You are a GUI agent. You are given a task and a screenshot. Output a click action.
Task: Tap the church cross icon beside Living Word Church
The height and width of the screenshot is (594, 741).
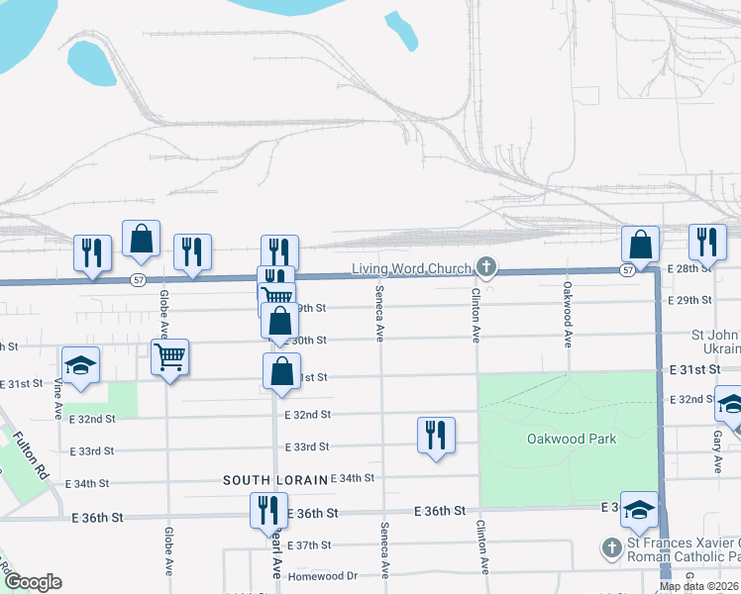click(485, 266)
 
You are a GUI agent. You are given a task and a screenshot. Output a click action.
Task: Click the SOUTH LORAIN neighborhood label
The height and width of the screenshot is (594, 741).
click(274, 480)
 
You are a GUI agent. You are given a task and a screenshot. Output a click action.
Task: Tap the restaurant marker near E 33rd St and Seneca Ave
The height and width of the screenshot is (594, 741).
click(436, 435)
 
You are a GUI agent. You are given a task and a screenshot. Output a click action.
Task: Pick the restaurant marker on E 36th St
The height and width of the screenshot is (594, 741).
click(265, 511)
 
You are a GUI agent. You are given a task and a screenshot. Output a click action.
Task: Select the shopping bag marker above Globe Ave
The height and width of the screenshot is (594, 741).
click(142, 239)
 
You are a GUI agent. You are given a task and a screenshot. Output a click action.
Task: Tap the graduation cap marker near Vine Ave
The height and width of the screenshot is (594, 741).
click(81, 364)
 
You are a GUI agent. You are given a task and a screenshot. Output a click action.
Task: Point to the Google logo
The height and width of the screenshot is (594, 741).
click(33, 582)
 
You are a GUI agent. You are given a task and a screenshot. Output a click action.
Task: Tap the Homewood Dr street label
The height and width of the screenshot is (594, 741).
click(323, 575)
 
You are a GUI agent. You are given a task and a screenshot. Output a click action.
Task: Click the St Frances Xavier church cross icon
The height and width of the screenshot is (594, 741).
click(612, 546)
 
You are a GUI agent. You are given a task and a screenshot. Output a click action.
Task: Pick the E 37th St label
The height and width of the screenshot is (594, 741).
click(313, 545)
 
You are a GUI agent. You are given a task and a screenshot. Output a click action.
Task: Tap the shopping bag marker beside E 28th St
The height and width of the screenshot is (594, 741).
click(641, 245)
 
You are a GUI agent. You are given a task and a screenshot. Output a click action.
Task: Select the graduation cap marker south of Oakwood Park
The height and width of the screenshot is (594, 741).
click(639, 510)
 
